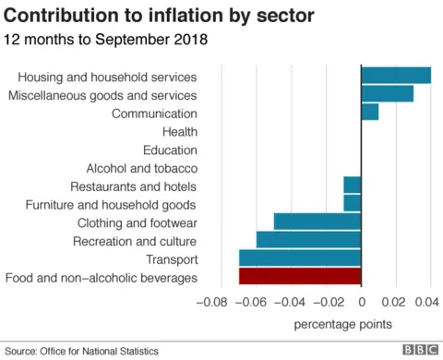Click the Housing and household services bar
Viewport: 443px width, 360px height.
(396, 76)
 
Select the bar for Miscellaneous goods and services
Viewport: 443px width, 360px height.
(387, 94)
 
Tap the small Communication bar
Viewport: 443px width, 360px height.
(369, 113)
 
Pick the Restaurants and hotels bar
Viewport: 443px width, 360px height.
(352, 186)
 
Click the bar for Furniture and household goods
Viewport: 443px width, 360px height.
(352, 203)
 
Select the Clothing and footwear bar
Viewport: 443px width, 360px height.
(317, 222)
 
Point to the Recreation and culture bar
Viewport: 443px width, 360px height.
(308, 240)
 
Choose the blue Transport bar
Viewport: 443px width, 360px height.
(299, 258)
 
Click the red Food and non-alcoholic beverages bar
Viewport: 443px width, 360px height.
(299, 276)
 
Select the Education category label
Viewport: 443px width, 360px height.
(170, 150)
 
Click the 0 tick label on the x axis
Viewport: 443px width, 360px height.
(361, 302)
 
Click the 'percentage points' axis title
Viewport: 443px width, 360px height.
(342, 324)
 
